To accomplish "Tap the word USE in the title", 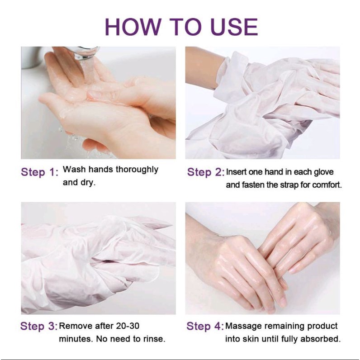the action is (x=234, y=27).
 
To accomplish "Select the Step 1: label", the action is (x=40, y=172).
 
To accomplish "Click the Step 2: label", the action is (x=205, y=172).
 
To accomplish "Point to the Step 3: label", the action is (x=38, y=326).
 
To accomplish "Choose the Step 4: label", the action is (x=205, y=326).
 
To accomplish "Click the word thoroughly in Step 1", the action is (x=137, y=170).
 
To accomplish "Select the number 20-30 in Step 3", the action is (x=128, y=326).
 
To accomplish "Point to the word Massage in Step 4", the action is (x=244, y=326).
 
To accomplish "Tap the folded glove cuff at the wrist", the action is (x=230, y=73).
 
